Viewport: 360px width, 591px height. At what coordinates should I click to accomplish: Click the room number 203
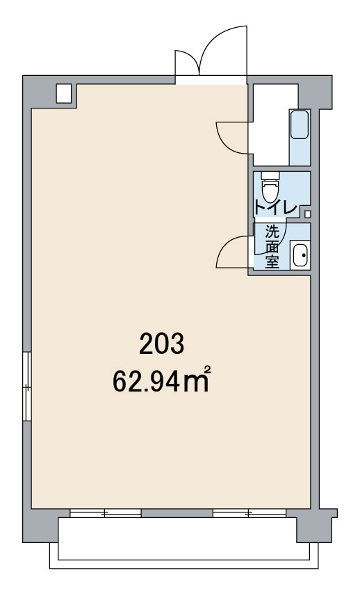coord(161,343)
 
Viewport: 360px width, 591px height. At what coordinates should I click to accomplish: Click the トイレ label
coord(276,208)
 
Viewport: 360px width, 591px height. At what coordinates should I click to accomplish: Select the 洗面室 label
coord(272,247)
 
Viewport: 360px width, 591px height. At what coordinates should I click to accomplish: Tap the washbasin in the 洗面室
coord(300,255)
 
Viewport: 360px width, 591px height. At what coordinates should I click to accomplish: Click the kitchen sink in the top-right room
coord(300,124)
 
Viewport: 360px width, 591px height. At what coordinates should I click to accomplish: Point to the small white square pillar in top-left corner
coord(64,93)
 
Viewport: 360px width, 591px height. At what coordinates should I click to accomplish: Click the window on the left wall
coord(26,386)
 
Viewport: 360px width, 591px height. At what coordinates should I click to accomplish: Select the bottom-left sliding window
coord(106,513)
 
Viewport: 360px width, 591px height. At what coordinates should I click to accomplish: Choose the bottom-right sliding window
coord(249,513)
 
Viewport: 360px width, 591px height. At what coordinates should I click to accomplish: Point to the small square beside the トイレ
coord(308,214)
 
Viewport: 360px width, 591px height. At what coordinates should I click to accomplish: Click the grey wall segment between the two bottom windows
coord(177,513)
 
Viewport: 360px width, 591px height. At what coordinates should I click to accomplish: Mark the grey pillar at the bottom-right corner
coord(316,526)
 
